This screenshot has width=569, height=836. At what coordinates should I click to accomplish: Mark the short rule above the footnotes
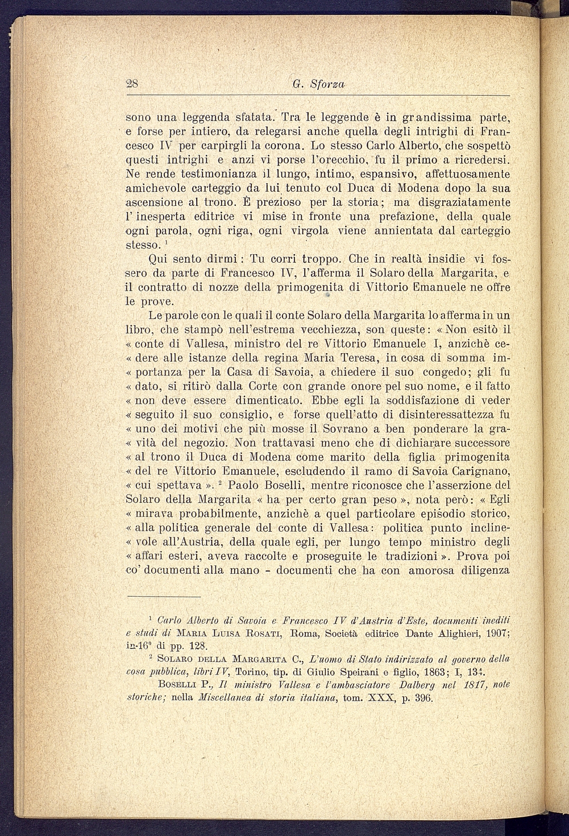pos(164,597)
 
